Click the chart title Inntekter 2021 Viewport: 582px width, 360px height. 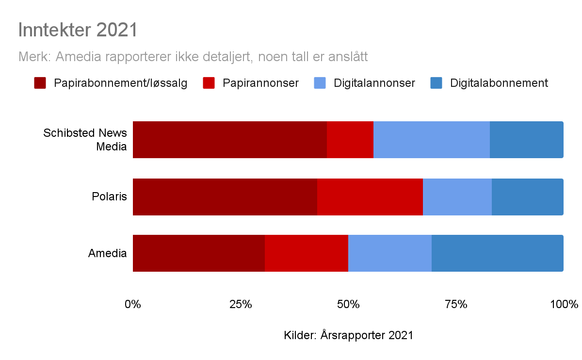tap(78, 30)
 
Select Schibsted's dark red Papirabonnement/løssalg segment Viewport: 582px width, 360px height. tap(229, 140)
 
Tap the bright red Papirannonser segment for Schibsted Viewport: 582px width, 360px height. tap(350, 140)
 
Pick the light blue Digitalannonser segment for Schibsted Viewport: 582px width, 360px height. tap(431, 140)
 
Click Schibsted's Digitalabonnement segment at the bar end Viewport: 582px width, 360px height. tap(526, 140)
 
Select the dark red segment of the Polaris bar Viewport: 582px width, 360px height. tap(225, 197)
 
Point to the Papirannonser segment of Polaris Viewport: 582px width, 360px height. tap(370, 197)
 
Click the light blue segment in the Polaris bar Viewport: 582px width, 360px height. tap(457, 197)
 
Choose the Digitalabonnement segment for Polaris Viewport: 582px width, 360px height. tap(527, 197)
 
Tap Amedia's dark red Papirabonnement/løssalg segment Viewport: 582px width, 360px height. tap(198, 253)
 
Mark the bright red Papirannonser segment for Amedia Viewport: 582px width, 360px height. tap(306, 253)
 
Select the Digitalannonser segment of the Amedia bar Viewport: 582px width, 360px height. tap(389, 253)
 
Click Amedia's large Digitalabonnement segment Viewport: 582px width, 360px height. tap(497, 253)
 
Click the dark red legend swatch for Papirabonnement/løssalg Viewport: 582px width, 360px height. tap(40, 83)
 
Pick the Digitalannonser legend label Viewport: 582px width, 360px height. tap(374, 83)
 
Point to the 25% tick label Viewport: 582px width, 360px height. tap(241, 305)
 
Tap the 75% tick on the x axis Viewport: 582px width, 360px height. tap(456, 305)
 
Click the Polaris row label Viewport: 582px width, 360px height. tap(109, 197)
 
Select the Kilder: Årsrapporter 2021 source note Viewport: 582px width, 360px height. tap(348, 335)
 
